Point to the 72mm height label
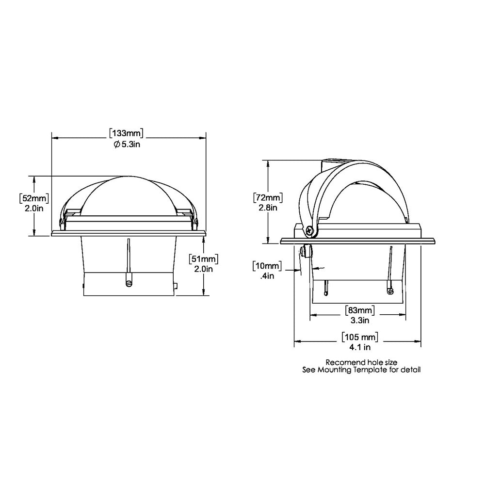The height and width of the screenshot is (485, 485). pyautogui.click(x=267, y=198)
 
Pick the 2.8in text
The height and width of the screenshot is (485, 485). pyautogui.click(x=268, y=208)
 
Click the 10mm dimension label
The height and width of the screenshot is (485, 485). pyautogui.click(x=267, y=266)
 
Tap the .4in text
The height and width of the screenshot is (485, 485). pyautogui.click(x=268, y=275)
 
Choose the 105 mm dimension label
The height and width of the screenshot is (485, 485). pyautogui.click(x=359, y=337)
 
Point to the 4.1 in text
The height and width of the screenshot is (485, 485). pyautogui.click(x=359, y=347)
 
